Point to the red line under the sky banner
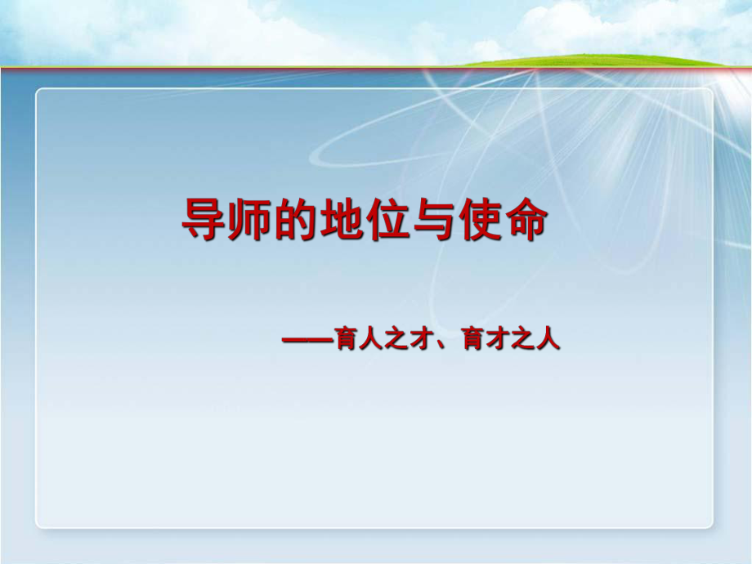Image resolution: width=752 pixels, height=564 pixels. (x=245, y=69)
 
